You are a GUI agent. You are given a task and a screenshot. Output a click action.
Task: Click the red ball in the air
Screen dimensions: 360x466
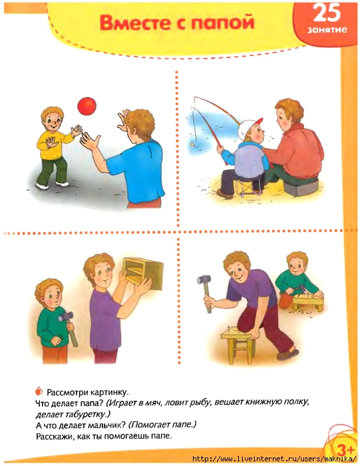[87, 106]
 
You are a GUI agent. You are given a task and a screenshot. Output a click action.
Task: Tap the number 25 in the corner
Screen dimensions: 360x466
[327, 13]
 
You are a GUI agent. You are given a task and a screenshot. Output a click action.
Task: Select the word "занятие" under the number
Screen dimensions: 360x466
[327, 30]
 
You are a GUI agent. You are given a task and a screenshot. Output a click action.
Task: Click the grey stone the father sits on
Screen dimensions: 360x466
[301, 187]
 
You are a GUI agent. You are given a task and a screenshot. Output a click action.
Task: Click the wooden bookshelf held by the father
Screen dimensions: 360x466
[144, 273]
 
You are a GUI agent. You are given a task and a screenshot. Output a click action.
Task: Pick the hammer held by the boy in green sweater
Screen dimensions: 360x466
[68, 328]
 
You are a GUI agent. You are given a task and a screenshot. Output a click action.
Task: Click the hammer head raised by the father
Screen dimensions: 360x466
[204, 280]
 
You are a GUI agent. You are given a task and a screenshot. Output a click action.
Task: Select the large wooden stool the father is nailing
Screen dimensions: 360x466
[238, 344]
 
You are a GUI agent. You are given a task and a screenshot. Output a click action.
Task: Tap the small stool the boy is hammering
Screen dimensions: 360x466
[307, 301]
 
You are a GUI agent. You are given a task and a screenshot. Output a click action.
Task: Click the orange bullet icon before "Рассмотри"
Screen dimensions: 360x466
[39, 391]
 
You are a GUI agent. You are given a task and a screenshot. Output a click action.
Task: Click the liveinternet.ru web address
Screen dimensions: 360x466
[274, 459]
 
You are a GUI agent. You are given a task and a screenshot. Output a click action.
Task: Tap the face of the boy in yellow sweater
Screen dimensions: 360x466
[53, 120]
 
